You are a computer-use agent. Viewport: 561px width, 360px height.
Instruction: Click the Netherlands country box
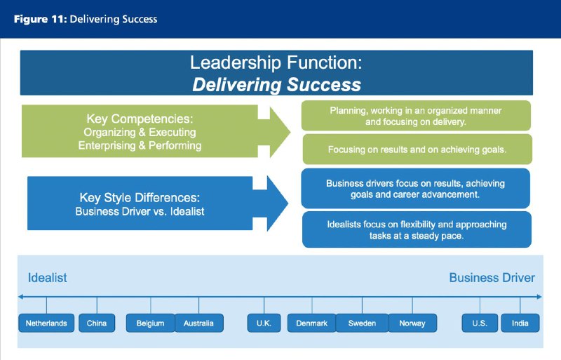46,323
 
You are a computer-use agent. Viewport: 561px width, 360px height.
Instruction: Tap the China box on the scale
97,323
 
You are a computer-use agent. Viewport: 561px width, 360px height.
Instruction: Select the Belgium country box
150,323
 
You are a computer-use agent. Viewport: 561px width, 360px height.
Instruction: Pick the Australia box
199,323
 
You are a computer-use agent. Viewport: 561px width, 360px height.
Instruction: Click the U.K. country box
264,323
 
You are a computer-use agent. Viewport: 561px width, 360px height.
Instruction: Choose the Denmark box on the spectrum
311,323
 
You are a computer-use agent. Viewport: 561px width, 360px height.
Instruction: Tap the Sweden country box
362,323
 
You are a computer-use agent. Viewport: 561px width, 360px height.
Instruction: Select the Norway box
412,323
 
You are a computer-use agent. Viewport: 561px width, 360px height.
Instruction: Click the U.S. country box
480,323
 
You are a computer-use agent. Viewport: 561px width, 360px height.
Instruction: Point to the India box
520,323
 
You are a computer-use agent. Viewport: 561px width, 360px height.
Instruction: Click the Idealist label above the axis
47,278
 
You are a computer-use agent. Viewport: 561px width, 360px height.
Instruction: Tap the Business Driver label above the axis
492,278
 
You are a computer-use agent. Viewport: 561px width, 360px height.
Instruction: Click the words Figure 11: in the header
41,19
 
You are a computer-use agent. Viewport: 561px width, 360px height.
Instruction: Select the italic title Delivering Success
276,84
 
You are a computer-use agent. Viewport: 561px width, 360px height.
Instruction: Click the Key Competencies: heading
140,119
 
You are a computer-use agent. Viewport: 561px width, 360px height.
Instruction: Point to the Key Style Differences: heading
140,197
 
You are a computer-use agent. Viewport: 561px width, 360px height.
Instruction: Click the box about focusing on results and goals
417,149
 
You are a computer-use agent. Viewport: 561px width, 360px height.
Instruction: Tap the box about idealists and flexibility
417,229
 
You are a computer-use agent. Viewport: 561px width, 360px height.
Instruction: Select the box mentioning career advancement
415,188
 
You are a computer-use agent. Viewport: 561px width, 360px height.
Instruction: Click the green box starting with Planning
416,116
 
